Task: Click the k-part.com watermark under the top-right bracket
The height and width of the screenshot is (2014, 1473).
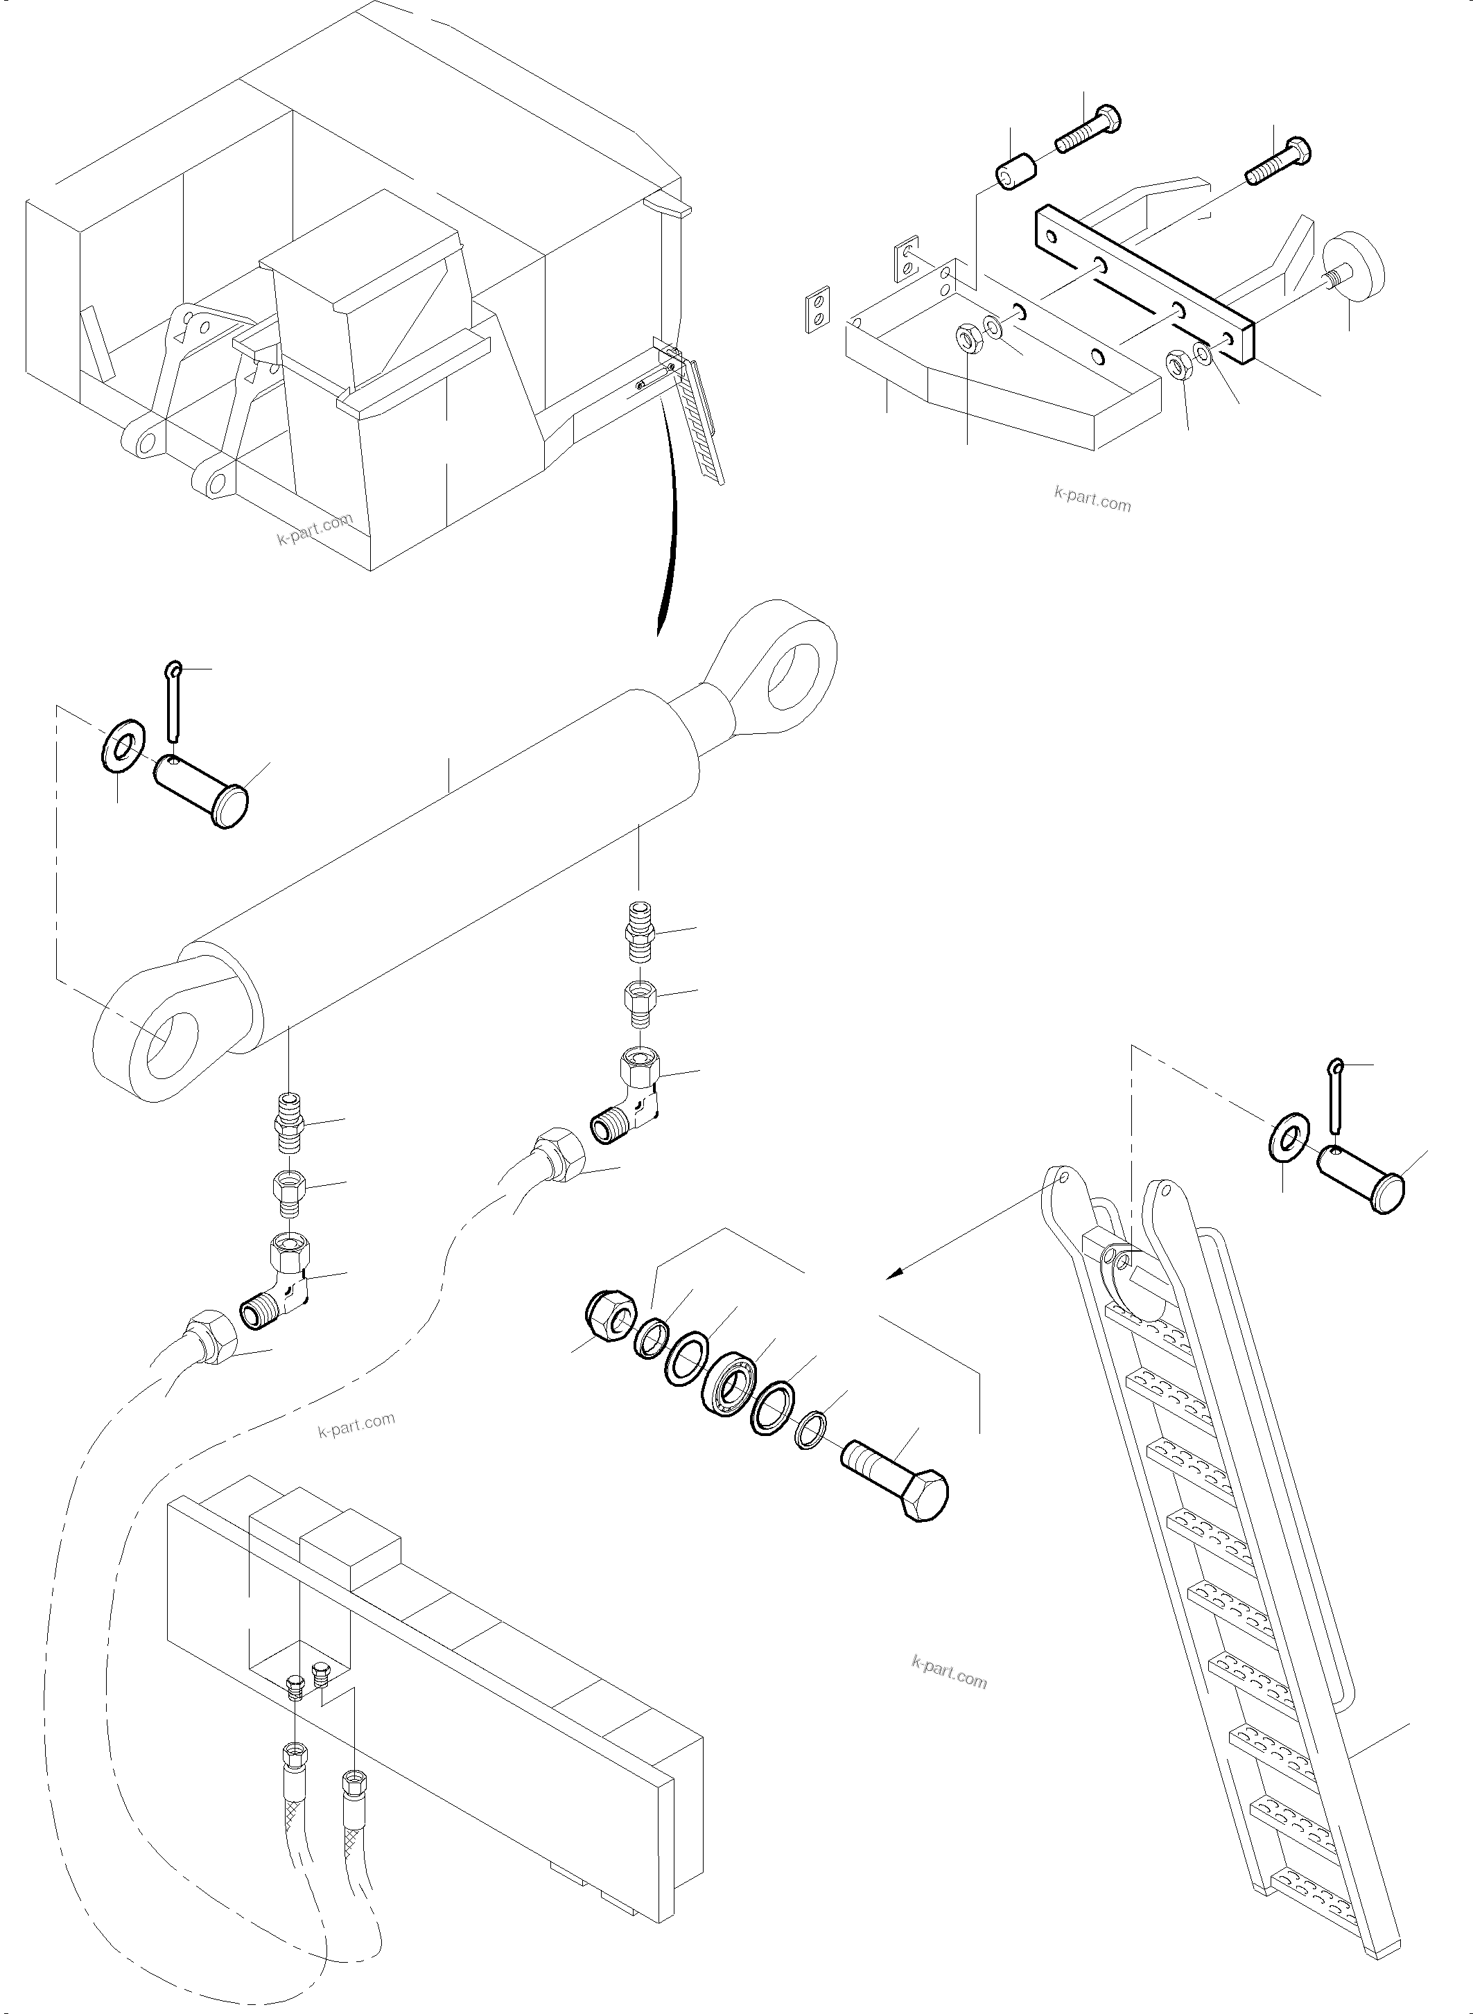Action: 1092,500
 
